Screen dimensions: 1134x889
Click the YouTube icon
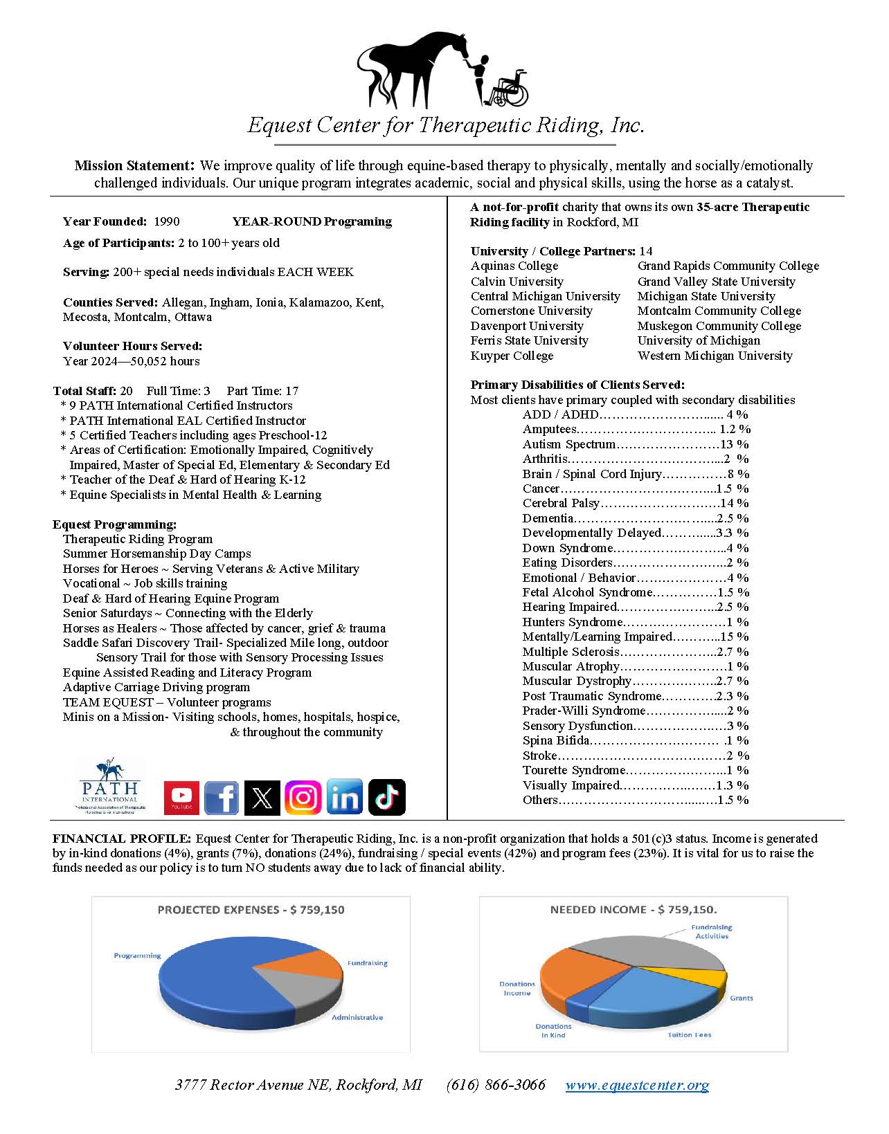click(181, 798)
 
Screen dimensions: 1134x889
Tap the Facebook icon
click(222, 798)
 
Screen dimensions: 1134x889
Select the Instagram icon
click(303, 798)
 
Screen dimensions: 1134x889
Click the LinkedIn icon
click(344, 798)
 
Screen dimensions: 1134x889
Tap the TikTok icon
click(386, 798)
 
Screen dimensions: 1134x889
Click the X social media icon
click(262, 798)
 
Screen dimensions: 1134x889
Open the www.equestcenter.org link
click(637, 1085)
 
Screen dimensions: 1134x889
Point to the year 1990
click(166, 221)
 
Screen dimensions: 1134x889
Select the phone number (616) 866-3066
click(496, 1085)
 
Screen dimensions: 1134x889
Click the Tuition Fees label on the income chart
click(689, 1035)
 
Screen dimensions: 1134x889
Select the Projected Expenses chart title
click(251, 910)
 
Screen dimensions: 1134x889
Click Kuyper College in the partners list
click(512, 356)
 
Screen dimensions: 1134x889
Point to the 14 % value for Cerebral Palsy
click(734, 503)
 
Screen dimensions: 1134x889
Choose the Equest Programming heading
click(114, 524)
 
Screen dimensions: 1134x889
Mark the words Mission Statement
click(133, 166)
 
